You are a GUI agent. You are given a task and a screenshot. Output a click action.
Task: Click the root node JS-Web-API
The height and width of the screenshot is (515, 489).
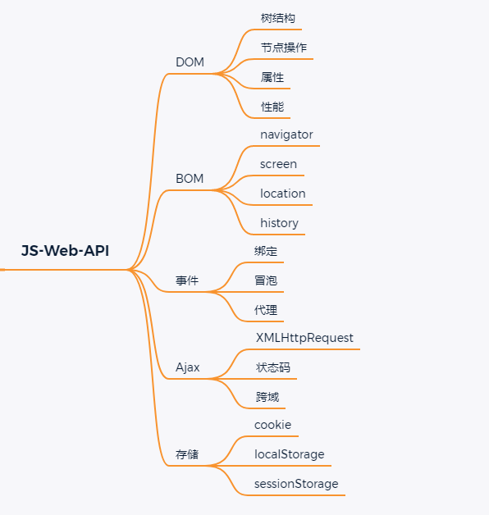65,251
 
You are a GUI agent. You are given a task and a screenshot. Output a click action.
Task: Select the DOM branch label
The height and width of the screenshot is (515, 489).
190,62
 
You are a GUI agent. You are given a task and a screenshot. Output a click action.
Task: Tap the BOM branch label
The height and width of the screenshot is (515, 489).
190,179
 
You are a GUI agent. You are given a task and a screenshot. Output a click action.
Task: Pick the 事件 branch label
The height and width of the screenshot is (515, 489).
187,280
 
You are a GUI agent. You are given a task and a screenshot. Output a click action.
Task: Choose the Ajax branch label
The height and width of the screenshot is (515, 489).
188,367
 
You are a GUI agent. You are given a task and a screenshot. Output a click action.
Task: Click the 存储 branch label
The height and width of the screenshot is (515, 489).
187,454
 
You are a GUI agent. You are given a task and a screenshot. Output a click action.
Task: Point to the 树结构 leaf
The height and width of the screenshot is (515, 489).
278,18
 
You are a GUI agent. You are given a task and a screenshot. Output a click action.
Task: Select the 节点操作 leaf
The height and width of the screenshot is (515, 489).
284,48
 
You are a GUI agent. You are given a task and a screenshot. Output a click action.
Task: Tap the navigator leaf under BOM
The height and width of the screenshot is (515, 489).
286,134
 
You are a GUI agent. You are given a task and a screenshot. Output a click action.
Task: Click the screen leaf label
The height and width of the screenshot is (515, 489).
278,164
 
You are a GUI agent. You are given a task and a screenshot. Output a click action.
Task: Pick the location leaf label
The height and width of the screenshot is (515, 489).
283,194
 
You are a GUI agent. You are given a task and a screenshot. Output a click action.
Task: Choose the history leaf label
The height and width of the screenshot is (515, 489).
279,223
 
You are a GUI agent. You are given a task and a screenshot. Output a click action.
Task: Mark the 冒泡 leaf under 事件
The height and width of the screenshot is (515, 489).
266,280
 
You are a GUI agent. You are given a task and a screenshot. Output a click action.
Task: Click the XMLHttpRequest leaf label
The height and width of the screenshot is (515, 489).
304,338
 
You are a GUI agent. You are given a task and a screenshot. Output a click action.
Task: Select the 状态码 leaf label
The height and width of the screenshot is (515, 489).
273,367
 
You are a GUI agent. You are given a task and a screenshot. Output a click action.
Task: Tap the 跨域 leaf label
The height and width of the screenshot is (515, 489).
267,397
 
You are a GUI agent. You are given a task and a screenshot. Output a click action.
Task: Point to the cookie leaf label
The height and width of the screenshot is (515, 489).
272,425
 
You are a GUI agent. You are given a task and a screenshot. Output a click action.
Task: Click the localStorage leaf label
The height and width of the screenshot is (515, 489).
290,454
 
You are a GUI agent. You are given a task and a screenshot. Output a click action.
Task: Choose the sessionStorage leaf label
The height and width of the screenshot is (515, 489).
296,484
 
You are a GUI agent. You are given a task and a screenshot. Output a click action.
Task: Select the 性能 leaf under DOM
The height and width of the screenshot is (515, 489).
272,107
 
